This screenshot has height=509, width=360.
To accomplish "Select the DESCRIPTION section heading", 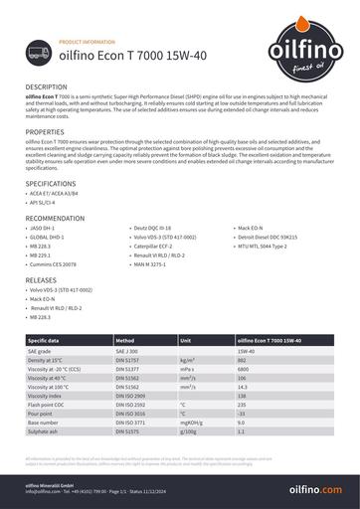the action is point(47,87).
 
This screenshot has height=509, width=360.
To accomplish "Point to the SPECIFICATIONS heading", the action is point(50,184).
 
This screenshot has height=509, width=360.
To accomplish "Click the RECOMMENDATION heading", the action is point(55,217).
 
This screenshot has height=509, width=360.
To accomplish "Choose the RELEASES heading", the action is point(41,281).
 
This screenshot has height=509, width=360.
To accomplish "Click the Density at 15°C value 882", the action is point(242,360).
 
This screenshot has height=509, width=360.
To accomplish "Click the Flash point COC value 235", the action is point(242,405).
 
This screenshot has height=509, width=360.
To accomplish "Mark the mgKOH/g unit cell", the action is point(191,424).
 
